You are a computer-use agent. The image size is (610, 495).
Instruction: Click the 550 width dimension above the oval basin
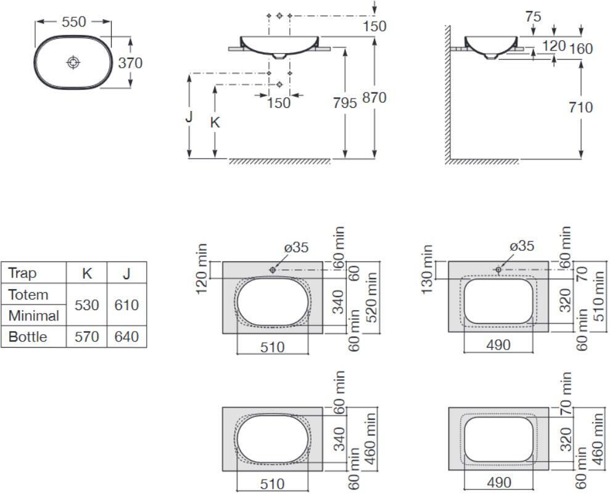click(74, 22)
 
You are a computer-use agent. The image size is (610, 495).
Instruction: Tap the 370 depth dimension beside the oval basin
click(130, 63)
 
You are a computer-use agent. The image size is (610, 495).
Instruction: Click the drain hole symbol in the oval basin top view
click(73, 62)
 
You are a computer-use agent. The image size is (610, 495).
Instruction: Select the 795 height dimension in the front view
click(345, 103)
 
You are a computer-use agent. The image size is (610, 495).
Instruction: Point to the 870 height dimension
click(374, 97)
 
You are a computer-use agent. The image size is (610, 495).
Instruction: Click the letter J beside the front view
click(189, 117)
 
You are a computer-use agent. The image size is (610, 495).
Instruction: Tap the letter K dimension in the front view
click(215, 123)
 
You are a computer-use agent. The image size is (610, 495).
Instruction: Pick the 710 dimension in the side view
click(580, 107)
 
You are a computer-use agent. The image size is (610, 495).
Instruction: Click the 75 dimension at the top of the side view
click(533, 17)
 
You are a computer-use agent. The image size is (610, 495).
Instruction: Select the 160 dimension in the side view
click(581, 49)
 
